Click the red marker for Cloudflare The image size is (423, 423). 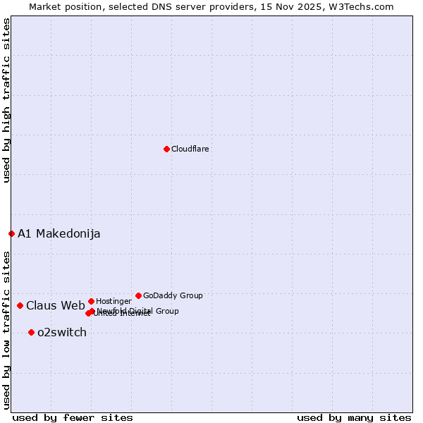pyautogui.click(x=166, y=149)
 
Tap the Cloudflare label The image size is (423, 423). pyautogui.click(x=190, y=149)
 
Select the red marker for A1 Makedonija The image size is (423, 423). pyautogui.click(x=11, y=233)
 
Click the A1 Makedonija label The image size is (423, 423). pyautogui.click(x=59, y=233)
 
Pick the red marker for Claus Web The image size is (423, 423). pyautogui.click(x=20, y=305)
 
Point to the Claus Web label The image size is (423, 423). pyautogui.click(x=56, y=305)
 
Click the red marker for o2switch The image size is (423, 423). pyautogui.click(x=31, y=332)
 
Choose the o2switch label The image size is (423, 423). pyautogui.click(x=62, y=332)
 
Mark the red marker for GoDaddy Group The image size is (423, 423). pyautogui.click(x=138, y=295)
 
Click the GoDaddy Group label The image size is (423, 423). pyautogui.click(x=173, y=295)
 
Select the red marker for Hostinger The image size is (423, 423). pyautogui.click(x=91, y=301)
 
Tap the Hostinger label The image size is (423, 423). pyautogui.click(x=114, y=301)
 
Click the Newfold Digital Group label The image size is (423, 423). pyautogui.click(x=137, y=310)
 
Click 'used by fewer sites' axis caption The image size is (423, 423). pyautogui.click(x=73, y=417)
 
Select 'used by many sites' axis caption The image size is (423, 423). pyautogui.click(x=354, y=417)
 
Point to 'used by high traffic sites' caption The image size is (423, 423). pyautogui.click(x=6, y=100)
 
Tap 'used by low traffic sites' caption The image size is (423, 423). pyautogui.click(x=6, y=329)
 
